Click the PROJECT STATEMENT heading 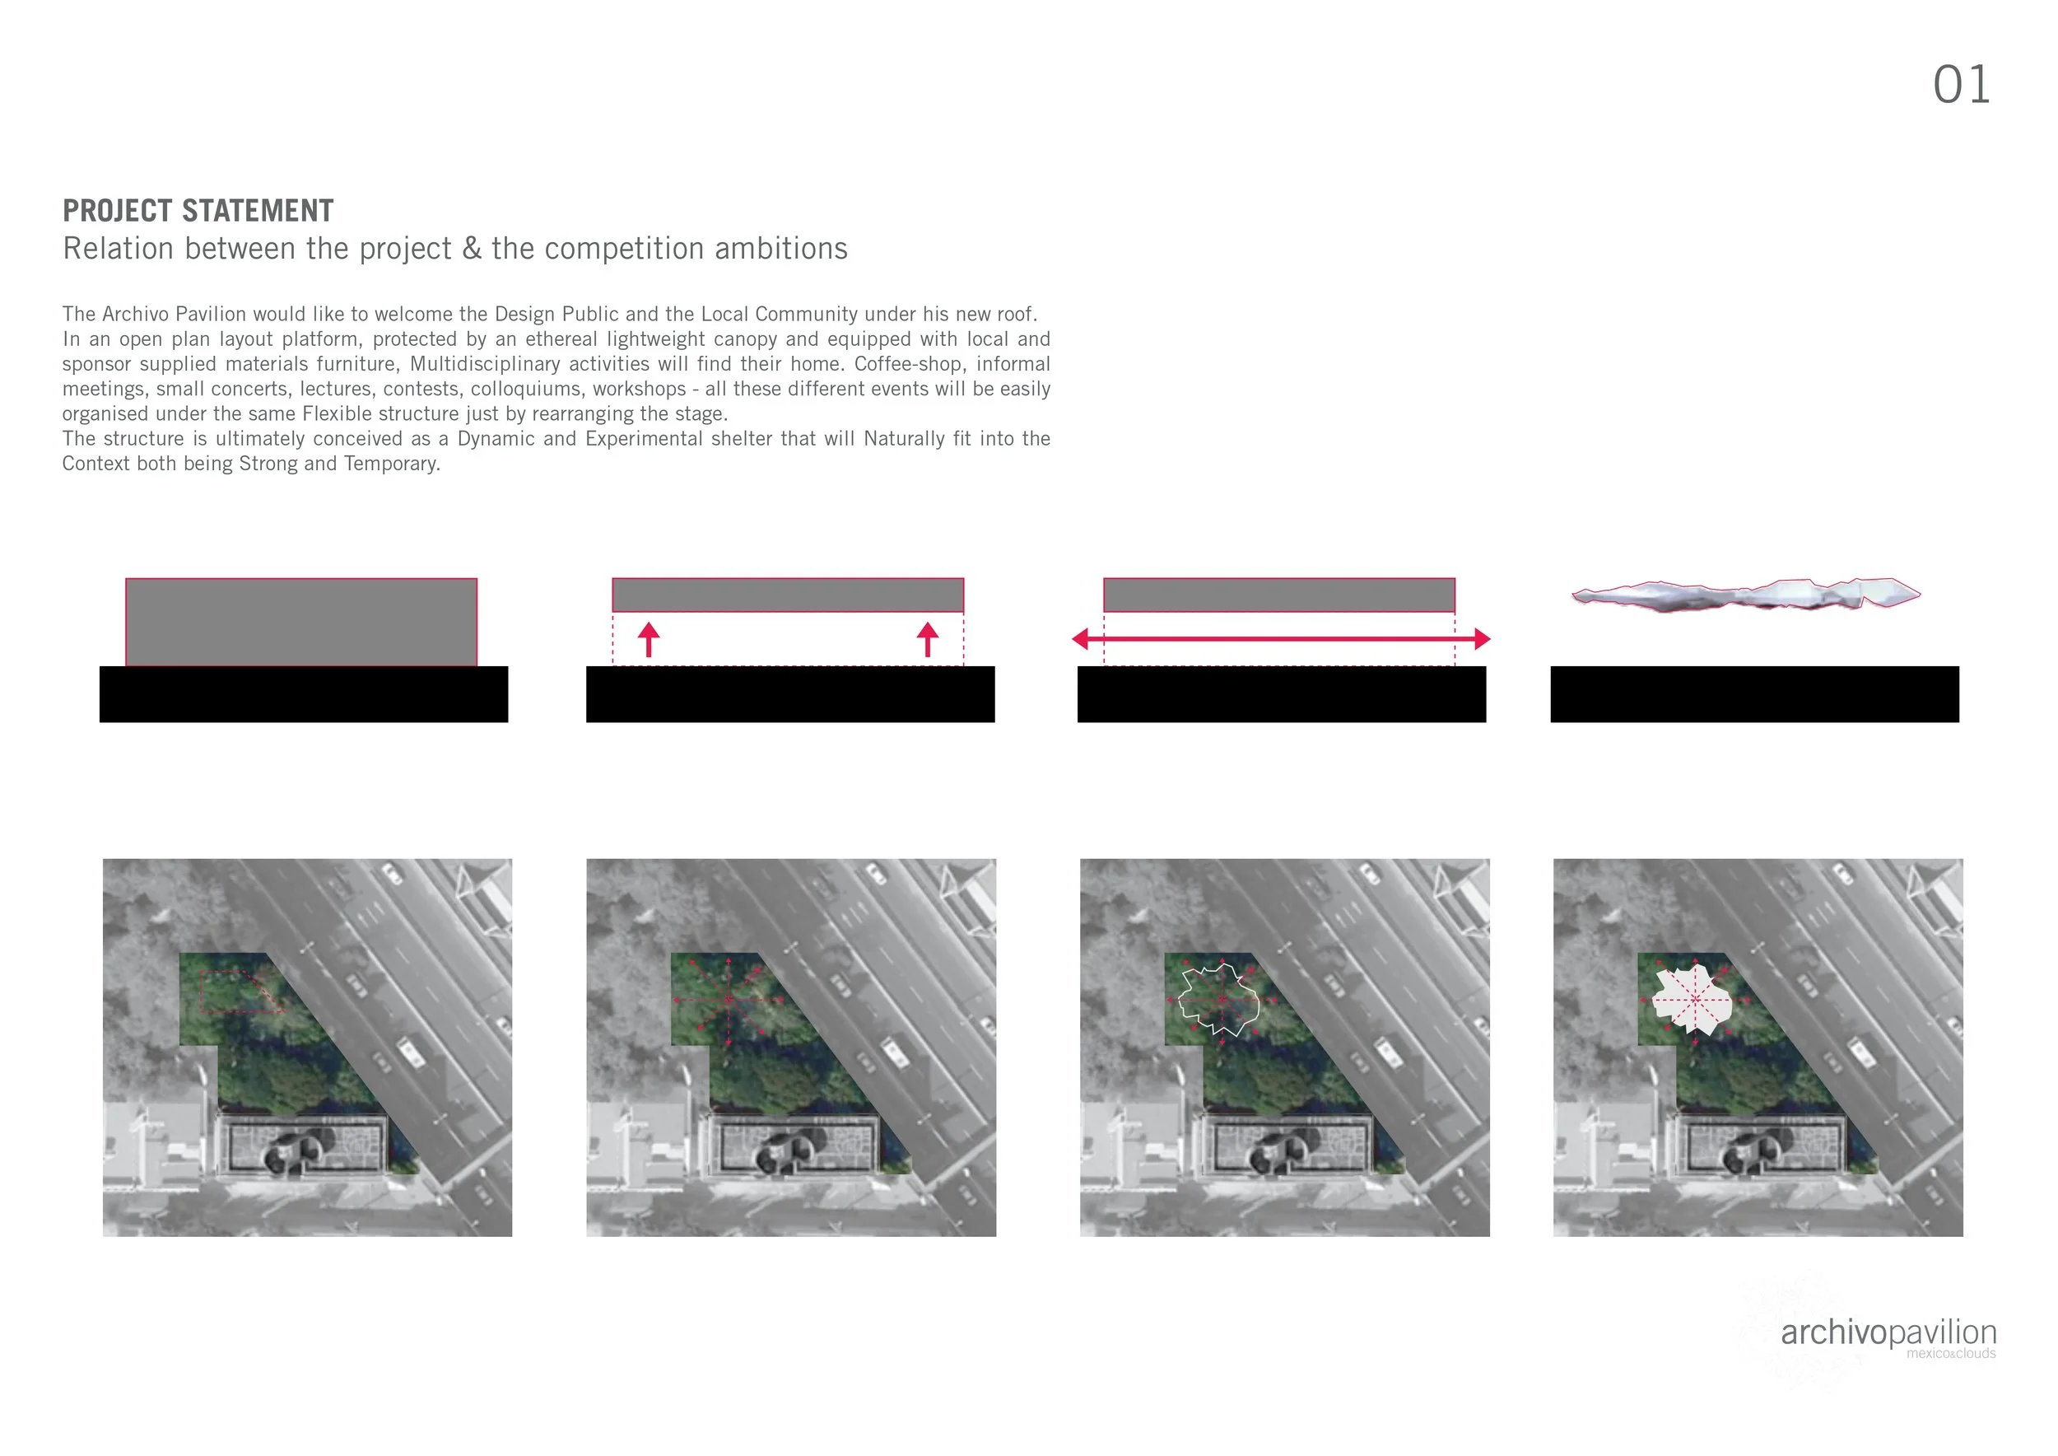click(198, 211)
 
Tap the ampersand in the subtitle click(472, 249)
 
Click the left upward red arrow click(649, 638)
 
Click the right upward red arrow click(928, 638)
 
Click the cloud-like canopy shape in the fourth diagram click(1745, 595)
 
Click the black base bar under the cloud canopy click(1754, 694)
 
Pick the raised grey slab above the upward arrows click(787, 595)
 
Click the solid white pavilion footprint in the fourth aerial click(1689, 1000)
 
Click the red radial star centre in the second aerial click(729, 999)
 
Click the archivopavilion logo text click(1888, 1332)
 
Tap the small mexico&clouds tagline click(1950, 1354)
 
